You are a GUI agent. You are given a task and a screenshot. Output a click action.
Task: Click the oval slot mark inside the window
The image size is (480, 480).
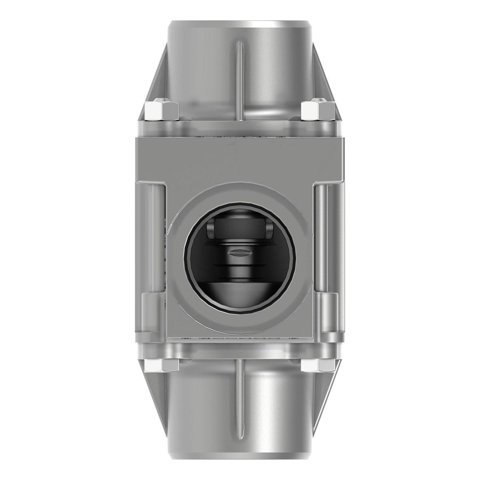(239, 252)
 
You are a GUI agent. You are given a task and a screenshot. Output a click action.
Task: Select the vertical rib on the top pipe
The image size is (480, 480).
(239, 80)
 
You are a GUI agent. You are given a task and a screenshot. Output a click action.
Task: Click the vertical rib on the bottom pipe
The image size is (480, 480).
(239, 396)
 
